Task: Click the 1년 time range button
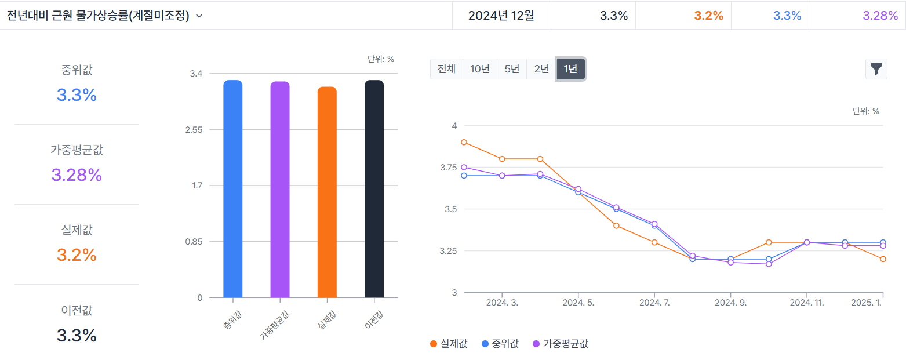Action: point(570,69)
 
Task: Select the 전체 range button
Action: point(446,69)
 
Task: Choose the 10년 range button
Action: point(480,69)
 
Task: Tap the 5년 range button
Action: point(512,69)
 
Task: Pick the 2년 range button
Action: point(541,69)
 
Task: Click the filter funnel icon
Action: point(876,69)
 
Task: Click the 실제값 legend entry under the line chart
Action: point(449,344)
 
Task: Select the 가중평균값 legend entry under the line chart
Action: point(560,344)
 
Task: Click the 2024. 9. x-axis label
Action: point(730,303)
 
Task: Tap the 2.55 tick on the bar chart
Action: point(194,130)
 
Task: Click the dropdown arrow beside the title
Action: point(199,16)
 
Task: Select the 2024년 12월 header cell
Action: point(501,16)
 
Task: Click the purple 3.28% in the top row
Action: point(880,16)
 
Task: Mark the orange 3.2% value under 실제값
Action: point(77,255)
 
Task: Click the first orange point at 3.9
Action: point(464,142)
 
